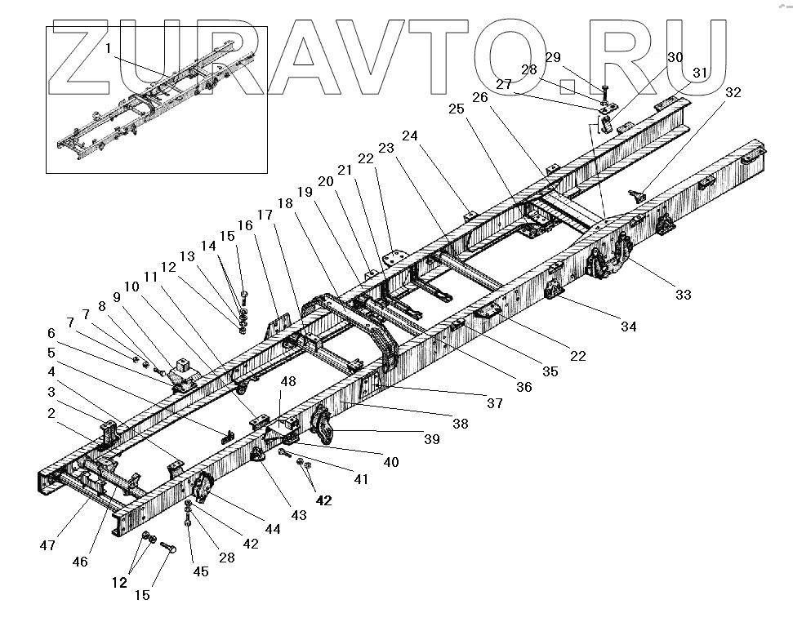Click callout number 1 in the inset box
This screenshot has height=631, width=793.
point(108,49)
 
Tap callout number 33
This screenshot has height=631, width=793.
point(683,295)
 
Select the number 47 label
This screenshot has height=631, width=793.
point(47,544)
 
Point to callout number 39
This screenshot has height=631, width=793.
point(432,439)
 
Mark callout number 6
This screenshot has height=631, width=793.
point(51,333)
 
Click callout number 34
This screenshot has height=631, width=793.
point(627,327)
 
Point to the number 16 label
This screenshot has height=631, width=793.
point(245,224)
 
